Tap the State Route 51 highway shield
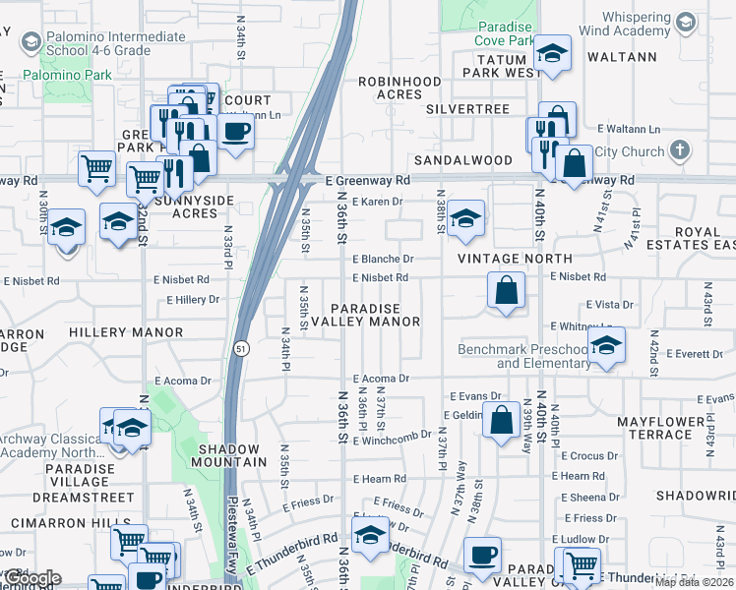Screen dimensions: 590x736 (x=241, y=348)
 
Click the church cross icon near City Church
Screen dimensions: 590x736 (x=679, y=150)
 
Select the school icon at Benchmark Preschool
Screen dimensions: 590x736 (x=606, y=345)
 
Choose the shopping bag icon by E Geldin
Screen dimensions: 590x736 (x=502, y=419)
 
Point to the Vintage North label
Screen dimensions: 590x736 (x=501, y=258)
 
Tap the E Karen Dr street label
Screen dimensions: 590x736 (x=378, y=202)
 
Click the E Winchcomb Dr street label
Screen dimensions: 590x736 (x=398, y=434)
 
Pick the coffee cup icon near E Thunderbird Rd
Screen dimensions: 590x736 (x=483, y=555)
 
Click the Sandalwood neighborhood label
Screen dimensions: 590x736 (x=462, y=159)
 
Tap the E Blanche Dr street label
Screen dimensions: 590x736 (x=383, y=259)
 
